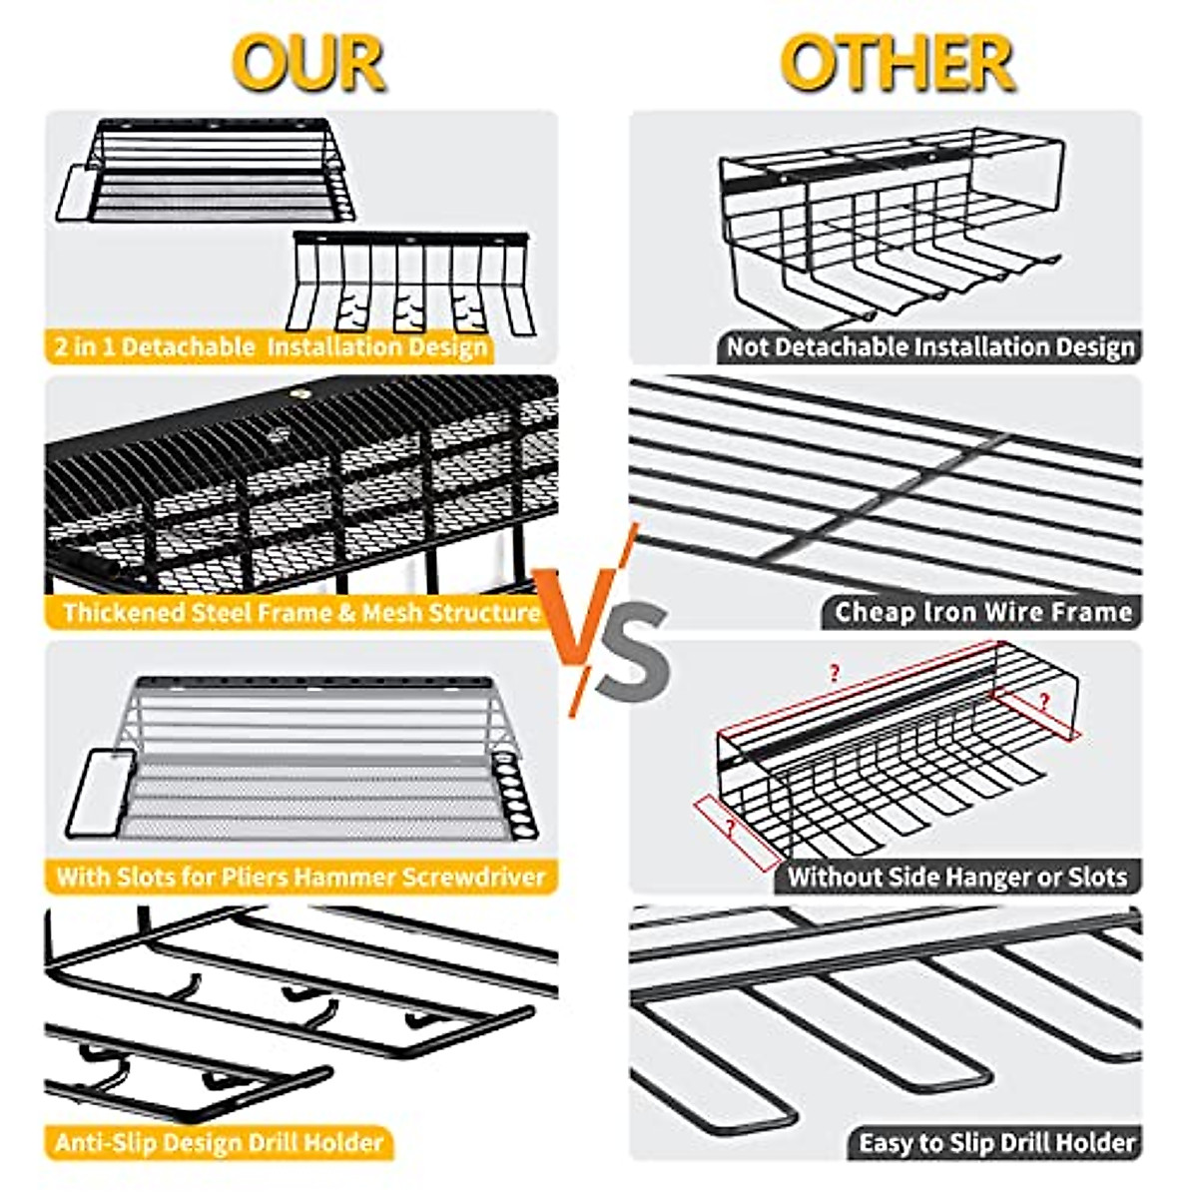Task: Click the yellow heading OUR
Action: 308,63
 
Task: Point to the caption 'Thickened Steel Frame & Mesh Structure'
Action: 300,612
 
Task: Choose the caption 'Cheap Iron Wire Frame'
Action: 983,612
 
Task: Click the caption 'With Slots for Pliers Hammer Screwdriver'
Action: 300,878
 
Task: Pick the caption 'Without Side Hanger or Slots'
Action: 957,878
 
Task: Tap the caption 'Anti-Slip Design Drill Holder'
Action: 219,1142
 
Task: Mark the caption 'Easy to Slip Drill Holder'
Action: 996,1142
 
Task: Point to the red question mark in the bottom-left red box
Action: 732,827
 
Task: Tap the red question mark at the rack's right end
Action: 1043,701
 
